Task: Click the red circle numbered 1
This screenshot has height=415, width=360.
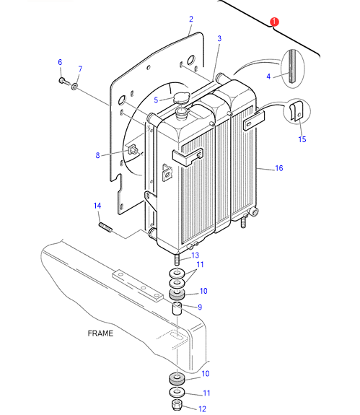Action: pos(274,22)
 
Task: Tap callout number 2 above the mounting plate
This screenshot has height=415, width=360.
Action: pos(191,19)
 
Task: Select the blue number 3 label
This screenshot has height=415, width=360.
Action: pos(219,39)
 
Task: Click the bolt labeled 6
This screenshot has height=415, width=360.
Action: pos(63,80)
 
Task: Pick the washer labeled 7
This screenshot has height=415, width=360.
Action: pos(74,86)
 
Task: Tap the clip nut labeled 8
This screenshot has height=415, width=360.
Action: pos(133,150)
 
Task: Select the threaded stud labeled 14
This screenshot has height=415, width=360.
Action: pos(105,227)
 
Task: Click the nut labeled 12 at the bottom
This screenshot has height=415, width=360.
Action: pos(177,405)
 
